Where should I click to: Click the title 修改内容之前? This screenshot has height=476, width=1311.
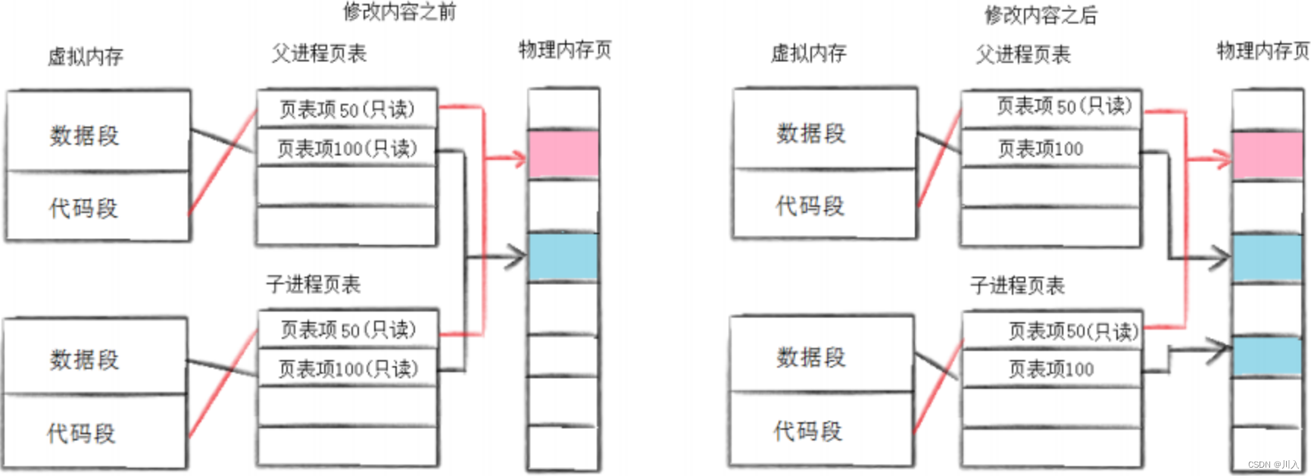(x=399, y=12)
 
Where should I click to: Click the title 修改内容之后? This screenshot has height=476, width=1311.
(x=1040, y=14)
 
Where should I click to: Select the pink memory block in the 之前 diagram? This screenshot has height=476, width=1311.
(x=563, y=155)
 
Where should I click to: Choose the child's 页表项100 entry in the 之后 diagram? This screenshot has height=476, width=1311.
(x=1050, y=369)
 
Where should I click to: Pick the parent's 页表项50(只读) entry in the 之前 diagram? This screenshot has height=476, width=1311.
(x=347, y=110)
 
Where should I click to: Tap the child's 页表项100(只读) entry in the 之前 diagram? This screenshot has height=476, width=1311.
(x=348, y=369)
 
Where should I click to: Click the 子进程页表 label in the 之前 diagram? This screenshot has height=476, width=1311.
(x=313, y=284)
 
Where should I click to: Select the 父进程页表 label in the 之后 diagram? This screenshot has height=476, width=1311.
(x=1022, y=55)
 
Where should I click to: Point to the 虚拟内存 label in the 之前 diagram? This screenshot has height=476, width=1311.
(x=85, y=57)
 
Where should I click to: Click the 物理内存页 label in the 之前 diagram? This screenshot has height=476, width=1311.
(x=564, y=50)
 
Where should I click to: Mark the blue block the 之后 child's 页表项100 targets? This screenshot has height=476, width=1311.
(x=1267, y=356)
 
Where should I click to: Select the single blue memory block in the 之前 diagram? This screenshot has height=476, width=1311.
(x=563, y=257)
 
